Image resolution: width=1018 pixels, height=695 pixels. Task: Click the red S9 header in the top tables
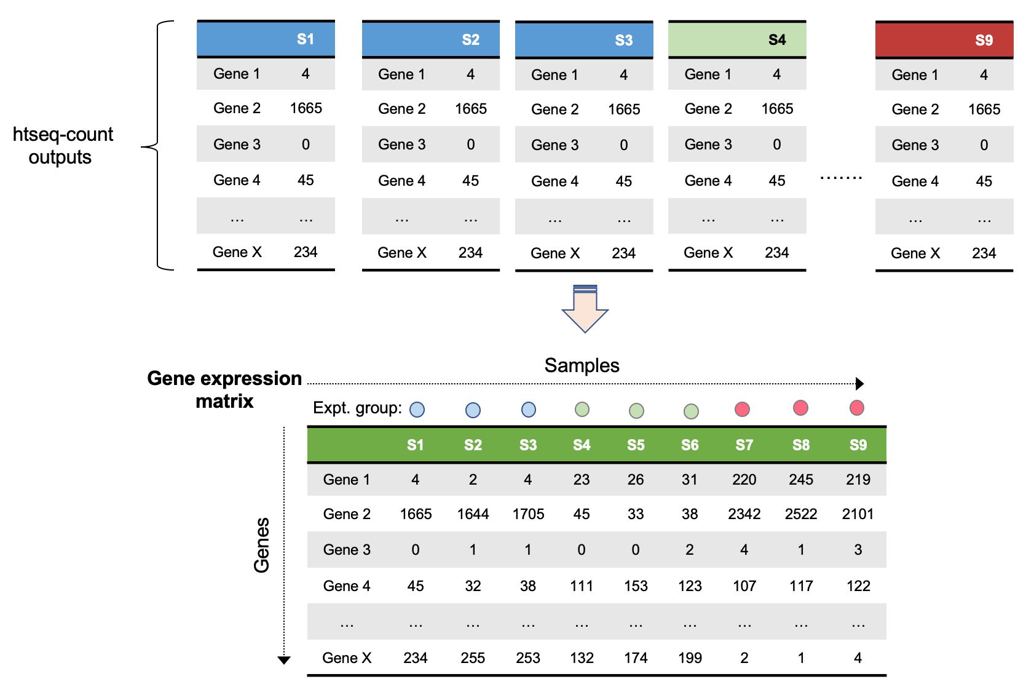point(944,40)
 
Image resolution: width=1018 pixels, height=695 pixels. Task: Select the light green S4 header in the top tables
point(736,39)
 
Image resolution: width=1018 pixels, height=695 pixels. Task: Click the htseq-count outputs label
point(63,146)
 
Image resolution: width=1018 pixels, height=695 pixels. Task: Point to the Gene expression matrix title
point(224,389)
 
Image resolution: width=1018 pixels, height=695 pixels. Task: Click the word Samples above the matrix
point(582,365)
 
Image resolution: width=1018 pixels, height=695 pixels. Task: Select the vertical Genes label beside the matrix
point(262,545)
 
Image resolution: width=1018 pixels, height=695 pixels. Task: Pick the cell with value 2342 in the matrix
point(744,514)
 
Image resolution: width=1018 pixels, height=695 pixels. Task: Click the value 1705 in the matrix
point(528,514)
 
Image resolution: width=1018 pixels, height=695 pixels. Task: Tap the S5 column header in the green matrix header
point(636,445)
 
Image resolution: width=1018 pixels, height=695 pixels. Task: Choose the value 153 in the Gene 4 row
point(636,586)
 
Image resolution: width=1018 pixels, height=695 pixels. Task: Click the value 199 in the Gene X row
point(690,658)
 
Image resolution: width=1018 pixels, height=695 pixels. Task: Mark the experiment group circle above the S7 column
point(742,409)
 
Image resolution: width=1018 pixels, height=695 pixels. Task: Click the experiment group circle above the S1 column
point(417,410)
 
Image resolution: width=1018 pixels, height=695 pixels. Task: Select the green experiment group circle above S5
point(636,410)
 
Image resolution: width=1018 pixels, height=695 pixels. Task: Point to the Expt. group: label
point(357,408)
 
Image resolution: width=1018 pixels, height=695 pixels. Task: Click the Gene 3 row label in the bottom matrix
point(347,550)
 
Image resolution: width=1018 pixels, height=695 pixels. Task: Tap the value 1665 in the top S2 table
point(470,109)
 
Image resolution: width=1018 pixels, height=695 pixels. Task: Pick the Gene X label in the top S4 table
point(708,253)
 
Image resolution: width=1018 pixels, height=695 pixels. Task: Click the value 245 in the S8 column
point(800,480)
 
